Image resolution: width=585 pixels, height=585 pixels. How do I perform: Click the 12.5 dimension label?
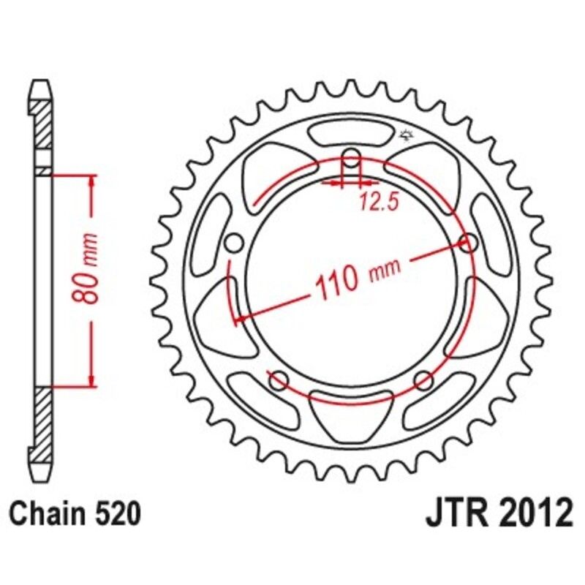click(x=378, y=203)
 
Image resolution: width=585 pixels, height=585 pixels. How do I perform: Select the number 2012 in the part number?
click(x=535, y=514)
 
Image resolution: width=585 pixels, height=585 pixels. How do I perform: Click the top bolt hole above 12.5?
click(x=352, y=159)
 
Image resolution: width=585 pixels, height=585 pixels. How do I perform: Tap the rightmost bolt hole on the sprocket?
click(x=469, y=243)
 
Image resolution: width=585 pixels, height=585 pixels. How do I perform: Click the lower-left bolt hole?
click(x=278, y=380)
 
